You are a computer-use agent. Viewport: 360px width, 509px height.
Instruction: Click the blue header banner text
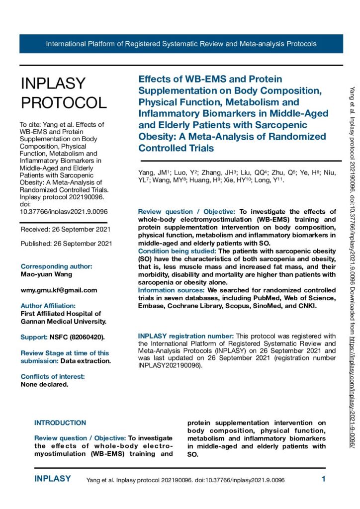[181, 44]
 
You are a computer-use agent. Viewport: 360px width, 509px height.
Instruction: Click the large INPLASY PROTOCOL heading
[63, 93]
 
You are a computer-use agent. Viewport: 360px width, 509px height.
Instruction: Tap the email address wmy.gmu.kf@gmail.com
[59, 290]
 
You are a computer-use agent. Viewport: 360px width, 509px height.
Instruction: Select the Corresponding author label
[57, 266]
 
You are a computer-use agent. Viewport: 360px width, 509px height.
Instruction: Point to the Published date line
[66, 244]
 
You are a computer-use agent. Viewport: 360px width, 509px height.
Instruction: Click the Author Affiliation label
[48, 306]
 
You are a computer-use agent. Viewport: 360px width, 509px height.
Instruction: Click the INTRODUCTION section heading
[60, 423]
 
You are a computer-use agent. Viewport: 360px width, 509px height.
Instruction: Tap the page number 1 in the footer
[324, 480]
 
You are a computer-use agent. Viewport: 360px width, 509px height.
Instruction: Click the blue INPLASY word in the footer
[52, 479]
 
